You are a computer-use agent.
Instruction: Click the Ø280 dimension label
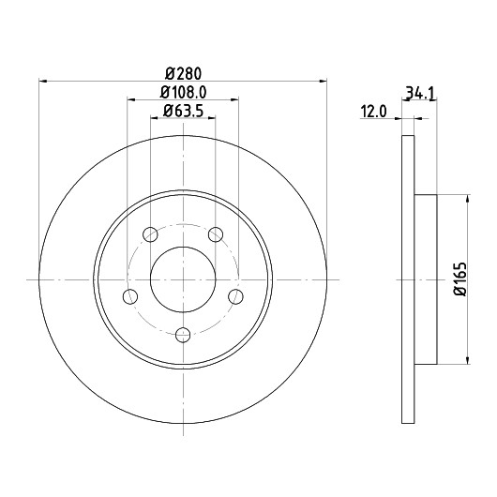pos(183,74)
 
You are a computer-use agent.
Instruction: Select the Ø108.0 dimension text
pos(183,93)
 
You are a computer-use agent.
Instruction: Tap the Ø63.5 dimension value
pos(183,111)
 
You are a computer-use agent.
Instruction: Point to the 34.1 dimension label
pos(421,94)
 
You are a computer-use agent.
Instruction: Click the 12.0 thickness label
pos(374,112)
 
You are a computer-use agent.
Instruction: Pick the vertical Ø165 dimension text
pos(460,279)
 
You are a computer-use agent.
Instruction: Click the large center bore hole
pos(183,279)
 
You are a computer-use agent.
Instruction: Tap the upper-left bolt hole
pos(150,234)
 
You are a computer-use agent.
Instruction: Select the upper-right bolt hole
pos(216,234)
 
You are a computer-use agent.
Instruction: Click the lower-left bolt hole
pos(130,296)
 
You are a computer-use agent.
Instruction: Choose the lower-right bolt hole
pos(235,296)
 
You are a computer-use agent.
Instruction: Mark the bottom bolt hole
pos(183,335)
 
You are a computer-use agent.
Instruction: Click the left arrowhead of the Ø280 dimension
pos(43,82)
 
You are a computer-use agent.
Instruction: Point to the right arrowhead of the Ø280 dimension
pos(323,82)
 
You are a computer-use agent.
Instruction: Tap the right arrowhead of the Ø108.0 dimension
pos(234,99)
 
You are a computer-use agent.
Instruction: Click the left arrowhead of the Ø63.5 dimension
pos(155,118)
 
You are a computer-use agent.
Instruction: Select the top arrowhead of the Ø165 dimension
pos(468,199)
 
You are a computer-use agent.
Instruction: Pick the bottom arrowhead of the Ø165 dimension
pos(468,360)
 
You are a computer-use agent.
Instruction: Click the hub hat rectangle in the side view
pos(426,279)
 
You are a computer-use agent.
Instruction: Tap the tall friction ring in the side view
pos(408,279)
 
